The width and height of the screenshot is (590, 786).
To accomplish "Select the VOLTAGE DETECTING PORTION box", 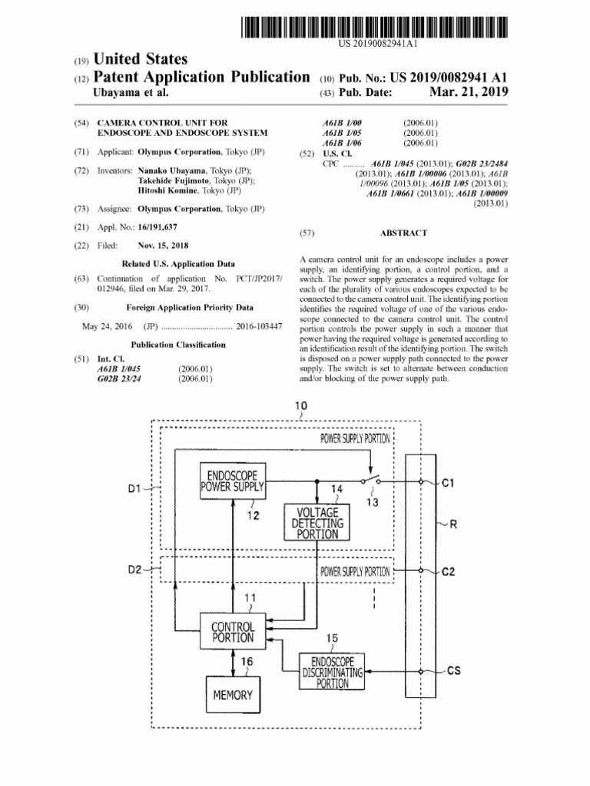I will [x=315, y=522].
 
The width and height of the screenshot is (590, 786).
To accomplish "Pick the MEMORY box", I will [x=233, y=695].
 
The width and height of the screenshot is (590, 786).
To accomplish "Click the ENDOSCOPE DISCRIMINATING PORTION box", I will [x=332, y=672].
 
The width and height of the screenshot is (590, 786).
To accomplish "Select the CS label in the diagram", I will [x=454, y=672].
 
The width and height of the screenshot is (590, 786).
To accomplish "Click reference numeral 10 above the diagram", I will [x=300, y=405].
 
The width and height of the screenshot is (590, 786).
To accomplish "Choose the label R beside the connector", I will [x=453, y=525].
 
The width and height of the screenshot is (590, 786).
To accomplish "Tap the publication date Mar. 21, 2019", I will [x=469, y=93].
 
